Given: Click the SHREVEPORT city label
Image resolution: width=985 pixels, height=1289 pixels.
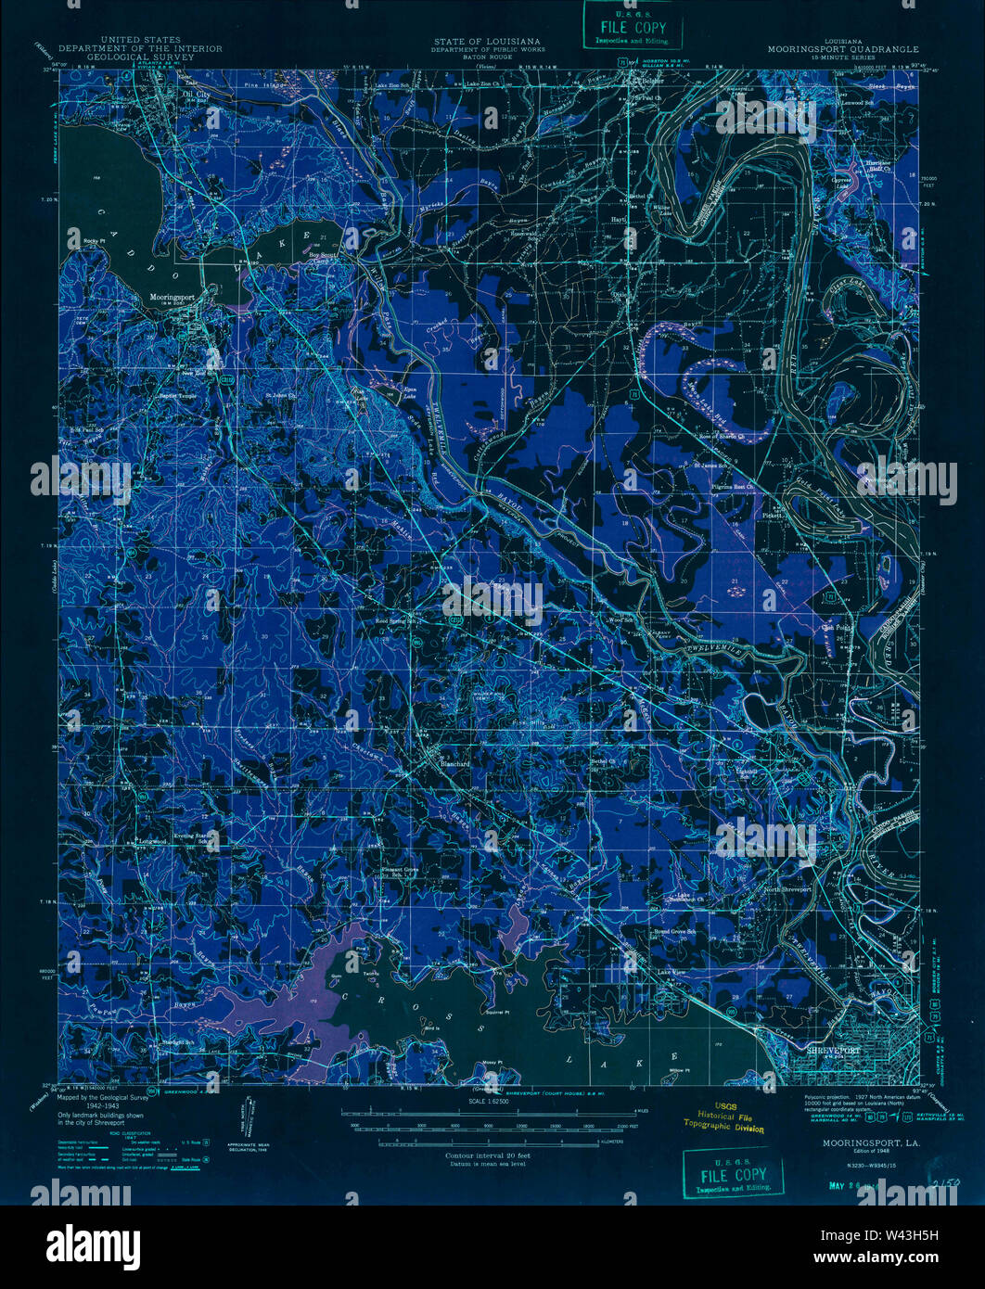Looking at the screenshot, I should (x=830, y=1050).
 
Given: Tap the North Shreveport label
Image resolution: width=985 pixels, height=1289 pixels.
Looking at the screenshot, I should (x=787, y=889).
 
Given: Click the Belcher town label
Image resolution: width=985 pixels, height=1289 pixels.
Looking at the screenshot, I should (x=655, y=82).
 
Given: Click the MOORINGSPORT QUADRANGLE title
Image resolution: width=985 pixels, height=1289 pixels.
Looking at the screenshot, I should (x=843, y=49).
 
